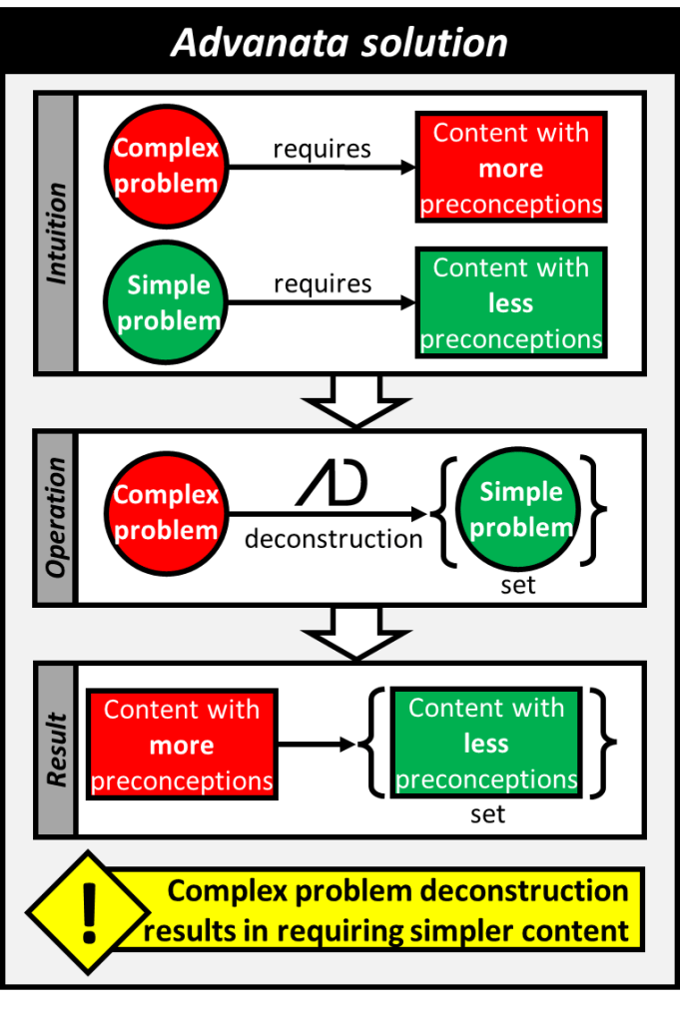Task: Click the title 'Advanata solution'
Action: click(x=340, y=42)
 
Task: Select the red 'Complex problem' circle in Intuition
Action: click(x=165, y=167)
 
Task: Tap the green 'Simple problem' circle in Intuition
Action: click(x=165, y=302)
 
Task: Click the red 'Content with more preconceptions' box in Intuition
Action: click(x=510, y=168)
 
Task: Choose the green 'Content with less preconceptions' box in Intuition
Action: click(x=510, y=303)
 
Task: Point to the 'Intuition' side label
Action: click(x=56, y=233)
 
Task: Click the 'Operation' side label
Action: click(x=56, y=517)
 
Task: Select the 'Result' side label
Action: click(x=56, y=750)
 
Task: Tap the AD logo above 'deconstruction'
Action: click(x=333, y=483)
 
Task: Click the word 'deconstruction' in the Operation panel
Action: click(x=334, y=539)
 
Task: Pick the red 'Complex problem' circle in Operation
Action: click(x=165, y=512)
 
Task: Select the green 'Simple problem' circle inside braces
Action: click(x=520, y=509)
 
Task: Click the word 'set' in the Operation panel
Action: click(x=518, y=585)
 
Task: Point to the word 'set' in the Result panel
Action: click(x=487, y=814)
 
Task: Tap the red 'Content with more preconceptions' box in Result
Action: click(x=182, y=745)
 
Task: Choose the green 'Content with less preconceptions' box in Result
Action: click(x=486, y=743)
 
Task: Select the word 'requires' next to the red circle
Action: click(x=322, y=149)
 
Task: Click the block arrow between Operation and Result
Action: click(x=354, y=633)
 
